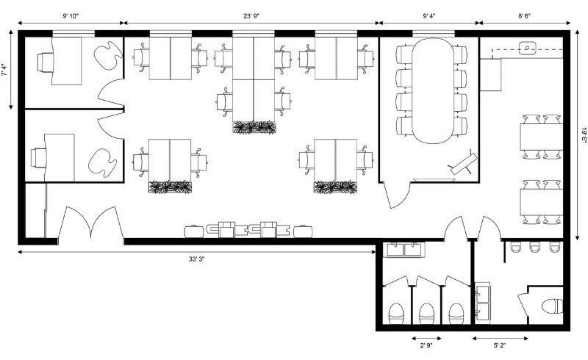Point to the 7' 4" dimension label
[x=5, y=71]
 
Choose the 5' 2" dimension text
[x=500, y=345]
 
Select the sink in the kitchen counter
[x=528, y=49]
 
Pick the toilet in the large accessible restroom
[x=551, y=306]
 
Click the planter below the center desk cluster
[x=254, y=128]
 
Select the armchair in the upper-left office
[x=109, y=55]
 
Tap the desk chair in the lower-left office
[x=38, y=156]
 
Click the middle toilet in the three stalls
[x=426, y=314]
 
